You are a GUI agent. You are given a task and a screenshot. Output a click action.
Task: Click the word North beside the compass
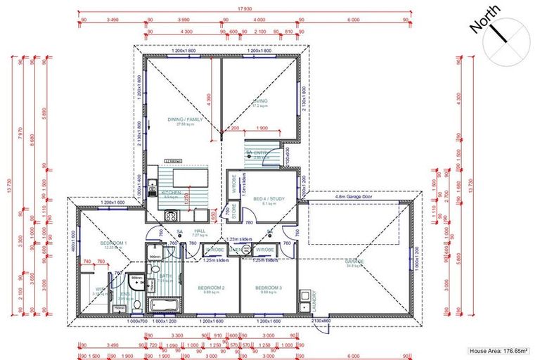point(485,19)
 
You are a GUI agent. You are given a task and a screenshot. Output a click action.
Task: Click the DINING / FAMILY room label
point(185,120)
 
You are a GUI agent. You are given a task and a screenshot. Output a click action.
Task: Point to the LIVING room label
point(260,102)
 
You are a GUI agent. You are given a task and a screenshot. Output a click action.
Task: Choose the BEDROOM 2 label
point(212,288)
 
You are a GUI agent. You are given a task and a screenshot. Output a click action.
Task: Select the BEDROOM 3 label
point(268,288)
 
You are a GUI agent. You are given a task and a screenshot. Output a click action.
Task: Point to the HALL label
point(199,230)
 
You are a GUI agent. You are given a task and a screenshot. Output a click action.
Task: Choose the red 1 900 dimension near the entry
point(262,129)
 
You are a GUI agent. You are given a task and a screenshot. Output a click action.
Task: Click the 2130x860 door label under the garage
point(320,321)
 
